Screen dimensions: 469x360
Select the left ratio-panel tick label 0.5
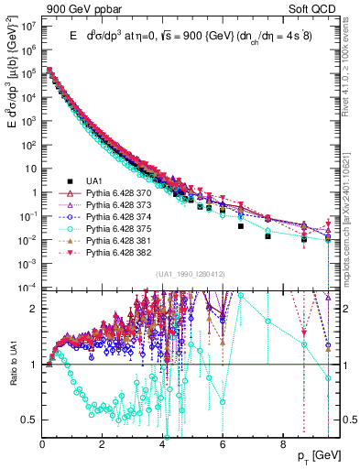click(x=29, y=420)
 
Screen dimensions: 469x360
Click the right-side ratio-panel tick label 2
click(x=346, y=309)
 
